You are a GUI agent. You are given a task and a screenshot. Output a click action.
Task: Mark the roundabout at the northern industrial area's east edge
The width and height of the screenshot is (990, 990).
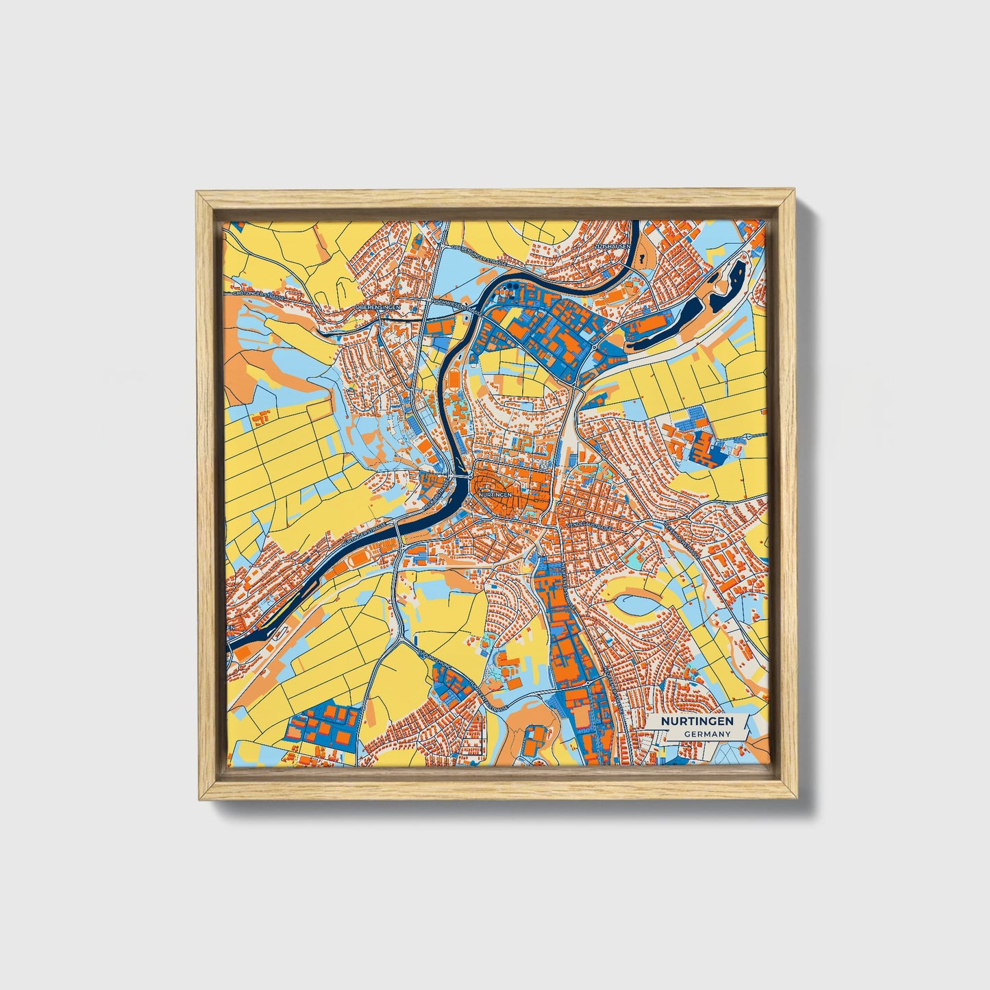pos(593,347)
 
